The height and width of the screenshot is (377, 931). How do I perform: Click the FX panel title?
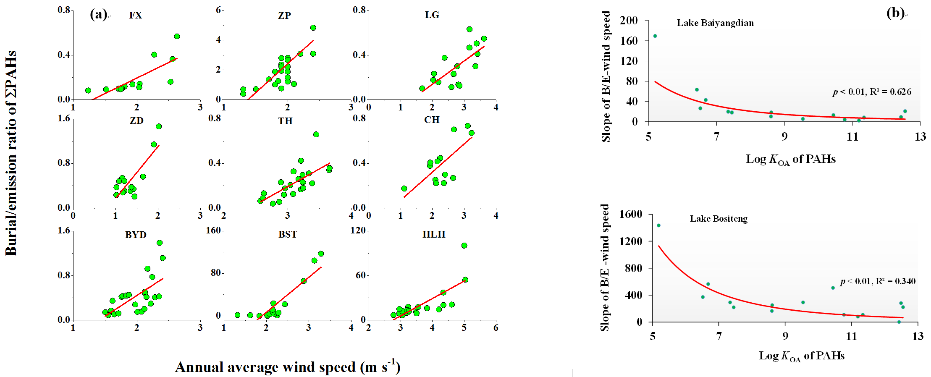click(135, 16)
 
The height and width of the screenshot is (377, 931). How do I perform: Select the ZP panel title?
click(284, 16)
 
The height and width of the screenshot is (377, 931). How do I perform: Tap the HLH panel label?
click(434, 234)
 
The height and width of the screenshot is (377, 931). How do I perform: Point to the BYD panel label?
click(136, 235)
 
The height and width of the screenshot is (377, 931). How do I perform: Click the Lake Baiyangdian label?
click(715, 23)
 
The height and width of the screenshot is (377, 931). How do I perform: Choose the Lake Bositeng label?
click(719, 219)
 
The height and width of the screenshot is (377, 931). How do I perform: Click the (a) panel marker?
click(99, 15)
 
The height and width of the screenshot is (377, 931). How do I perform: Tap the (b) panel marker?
click(895, 13)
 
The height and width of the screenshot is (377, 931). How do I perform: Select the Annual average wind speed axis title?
click(288, 367)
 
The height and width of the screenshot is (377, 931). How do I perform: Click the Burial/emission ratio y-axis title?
click(11, 153)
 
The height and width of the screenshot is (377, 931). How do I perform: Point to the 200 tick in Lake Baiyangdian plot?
click(629, 21)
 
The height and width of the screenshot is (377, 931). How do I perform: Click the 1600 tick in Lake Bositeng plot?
click(631, 215)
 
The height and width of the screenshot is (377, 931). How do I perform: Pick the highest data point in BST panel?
click(321, 254)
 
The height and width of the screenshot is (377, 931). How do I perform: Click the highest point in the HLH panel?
click(464, 246)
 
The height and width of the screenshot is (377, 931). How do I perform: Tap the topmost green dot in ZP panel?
click(313, 28)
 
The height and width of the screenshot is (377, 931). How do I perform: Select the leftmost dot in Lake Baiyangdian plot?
click(655, 36)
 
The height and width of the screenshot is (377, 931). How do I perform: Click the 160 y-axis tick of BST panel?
click(213, 230)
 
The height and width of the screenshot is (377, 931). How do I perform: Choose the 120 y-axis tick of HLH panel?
click(358, 230)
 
